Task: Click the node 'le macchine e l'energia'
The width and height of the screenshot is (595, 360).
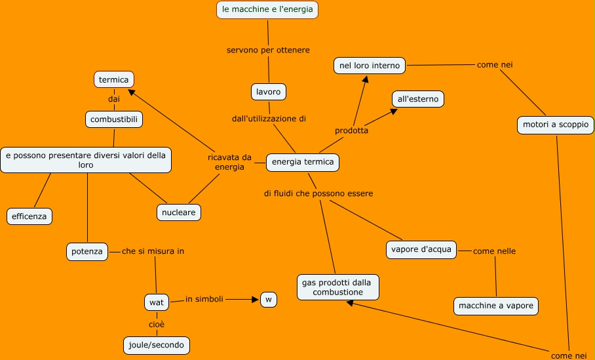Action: (x=267, y=10)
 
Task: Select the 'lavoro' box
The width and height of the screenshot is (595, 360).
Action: (x=269, y=92)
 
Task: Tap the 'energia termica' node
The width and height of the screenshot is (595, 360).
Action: (x=303, y=162)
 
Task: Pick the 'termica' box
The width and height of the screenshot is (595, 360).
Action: (x=113, y=80)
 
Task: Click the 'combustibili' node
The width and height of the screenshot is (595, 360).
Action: (x=114, y=119)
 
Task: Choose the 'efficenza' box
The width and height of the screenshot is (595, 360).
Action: (x=29, y=216)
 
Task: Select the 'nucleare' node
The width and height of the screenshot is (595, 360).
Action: (x=179, y=212)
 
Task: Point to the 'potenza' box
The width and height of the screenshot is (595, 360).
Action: (x=87, y=251)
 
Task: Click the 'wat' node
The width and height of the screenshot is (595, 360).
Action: (x=157, y=302)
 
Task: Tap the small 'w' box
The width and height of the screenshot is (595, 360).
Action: (x=269, y=300)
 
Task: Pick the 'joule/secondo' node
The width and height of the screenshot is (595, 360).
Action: (x=157, y=344)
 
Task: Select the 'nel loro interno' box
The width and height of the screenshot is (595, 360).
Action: (x=370, y=66)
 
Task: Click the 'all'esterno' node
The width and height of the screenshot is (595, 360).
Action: (x=418, y=99)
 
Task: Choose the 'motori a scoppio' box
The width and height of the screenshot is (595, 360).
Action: (x=556, y=125)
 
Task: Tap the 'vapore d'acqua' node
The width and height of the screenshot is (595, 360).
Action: (x=421, y=250)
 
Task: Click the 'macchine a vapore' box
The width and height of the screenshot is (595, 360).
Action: (x=496, y=306)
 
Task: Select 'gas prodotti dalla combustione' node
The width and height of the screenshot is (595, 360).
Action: (x=337, y=287)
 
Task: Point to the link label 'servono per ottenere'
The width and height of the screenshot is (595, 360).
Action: (x=268, y=50)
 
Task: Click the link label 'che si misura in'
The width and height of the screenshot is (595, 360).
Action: (x=153, y=251)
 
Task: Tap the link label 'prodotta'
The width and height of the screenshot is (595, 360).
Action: (x=351, y=130)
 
